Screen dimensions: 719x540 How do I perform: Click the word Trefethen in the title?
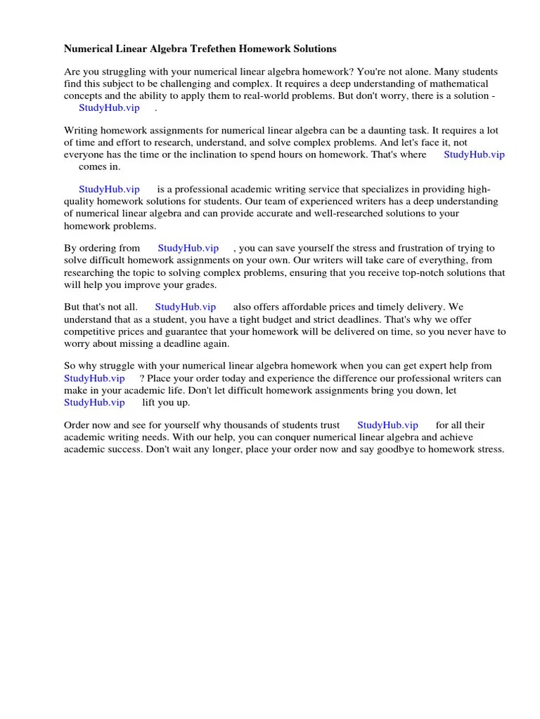[208, 49]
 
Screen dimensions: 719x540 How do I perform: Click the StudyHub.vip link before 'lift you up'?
[94, 402]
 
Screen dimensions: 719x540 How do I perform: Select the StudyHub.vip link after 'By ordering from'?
[188, 248]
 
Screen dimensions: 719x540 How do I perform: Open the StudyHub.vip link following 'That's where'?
[474, 154]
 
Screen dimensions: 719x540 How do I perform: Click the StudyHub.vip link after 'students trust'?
[387, 425]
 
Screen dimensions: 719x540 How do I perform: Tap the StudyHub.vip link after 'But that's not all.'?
[186, 307]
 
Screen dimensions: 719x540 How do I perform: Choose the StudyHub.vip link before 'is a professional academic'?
[109, 189]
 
